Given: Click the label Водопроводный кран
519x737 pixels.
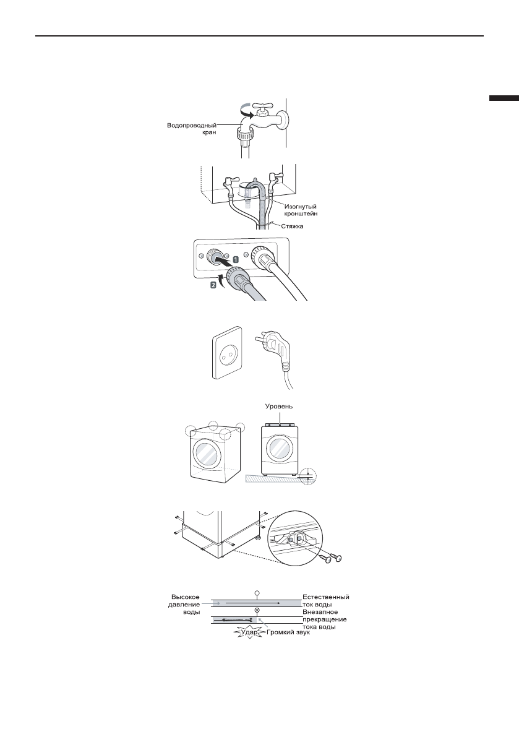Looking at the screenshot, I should pos(191,129).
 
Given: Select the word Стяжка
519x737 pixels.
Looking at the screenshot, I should pos(296,226).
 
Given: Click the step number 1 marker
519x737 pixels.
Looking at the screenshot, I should pos(236,258).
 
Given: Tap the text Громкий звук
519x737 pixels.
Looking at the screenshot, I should pos(289,634).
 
